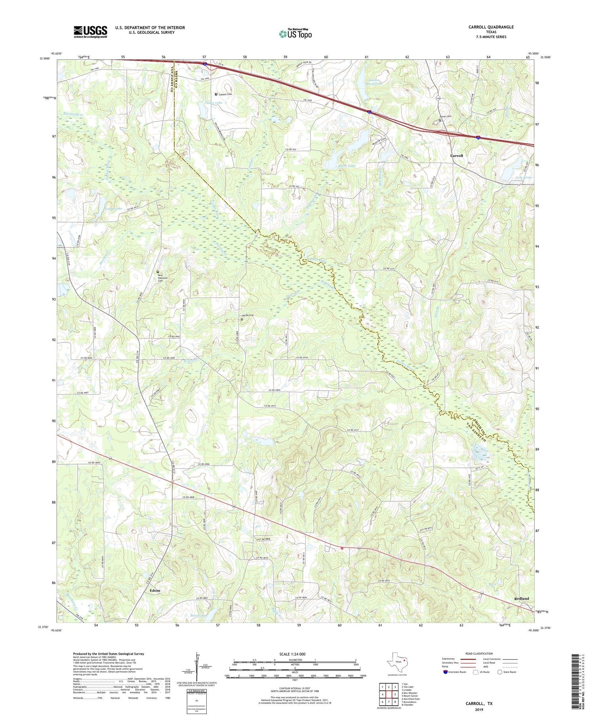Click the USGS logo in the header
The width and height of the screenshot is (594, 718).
pyautogui.click(x=90, y=32)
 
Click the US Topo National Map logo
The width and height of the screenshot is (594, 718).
pyautogui.click(x=295, y=34)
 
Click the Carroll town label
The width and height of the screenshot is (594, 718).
pyautogui.click(x=457, y=156)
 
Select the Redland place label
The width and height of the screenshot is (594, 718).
pyautogui.click(x=521, y=598)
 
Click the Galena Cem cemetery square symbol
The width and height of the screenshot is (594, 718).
pyautogui.click(x=216, y=94)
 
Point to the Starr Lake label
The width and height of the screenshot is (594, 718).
pyautogui.click(x=214, y=103)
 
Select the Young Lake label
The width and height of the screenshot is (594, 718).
pyautogui.click(x=113, y=208)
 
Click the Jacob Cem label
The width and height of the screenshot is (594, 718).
pyautogui.click(x=247, y=315)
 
